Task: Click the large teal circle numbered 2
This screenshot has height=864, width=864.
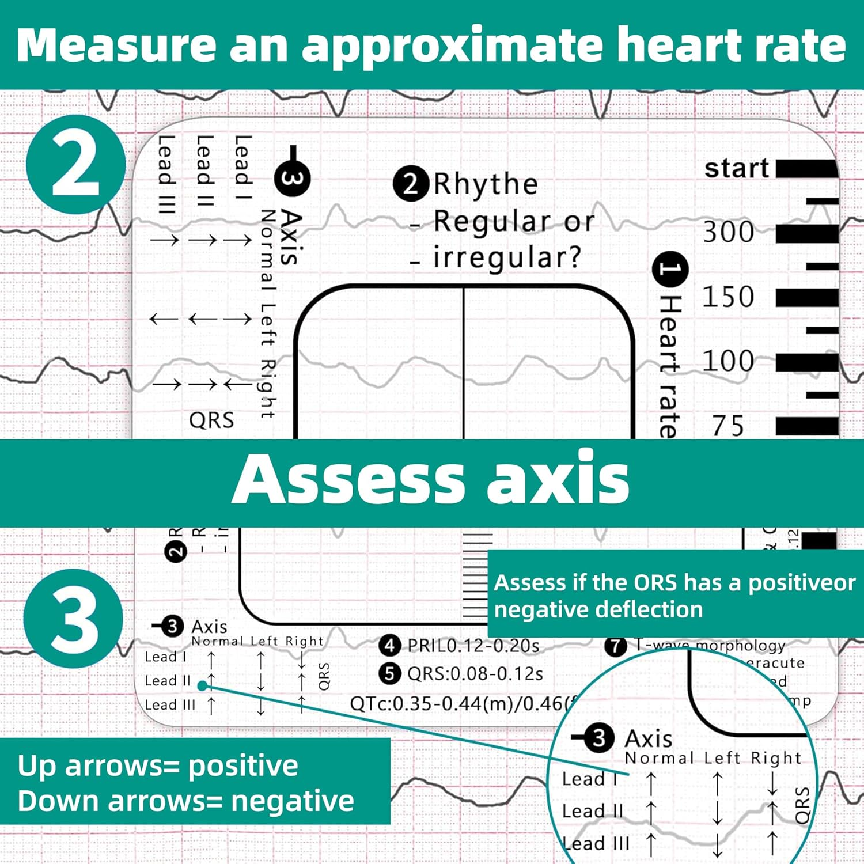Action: coord(75,164)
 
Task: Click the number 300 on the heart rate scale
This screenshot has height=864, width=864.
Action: coord(728,232)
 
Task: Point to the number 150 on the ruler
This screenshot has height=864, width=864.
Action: coord(728,297)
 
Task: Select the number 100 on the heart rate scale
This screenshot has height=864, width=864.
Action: coord(728,362)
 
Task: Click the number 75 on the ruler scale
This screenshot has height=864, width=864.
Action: coord(729,426)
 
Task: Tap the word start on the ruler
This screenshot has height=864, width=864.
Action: coord(737,168)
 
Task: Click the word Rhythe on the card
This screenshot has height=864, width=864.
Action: coord(486,184)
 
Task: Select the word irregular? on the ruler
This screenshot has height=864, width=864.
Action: coord(507,257)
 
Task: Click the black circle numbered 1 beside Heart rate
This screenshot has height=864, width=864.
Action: coord(669,269)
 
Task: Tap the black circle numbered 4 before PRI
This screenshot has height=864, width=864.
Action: coord(390,646)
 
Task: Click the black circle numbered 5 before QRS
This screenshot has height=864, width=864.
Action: coord(390,673)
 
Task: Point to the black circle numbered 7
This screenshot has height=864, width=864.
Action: coord(615,646)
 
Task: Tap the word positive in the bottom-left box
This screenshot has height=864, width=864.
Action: coord(243,766)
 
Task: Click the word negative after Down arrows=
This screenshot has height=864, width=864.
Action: coord(292,801)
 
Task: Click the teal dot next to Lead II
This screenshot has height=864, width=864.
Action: coord(202,685)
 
